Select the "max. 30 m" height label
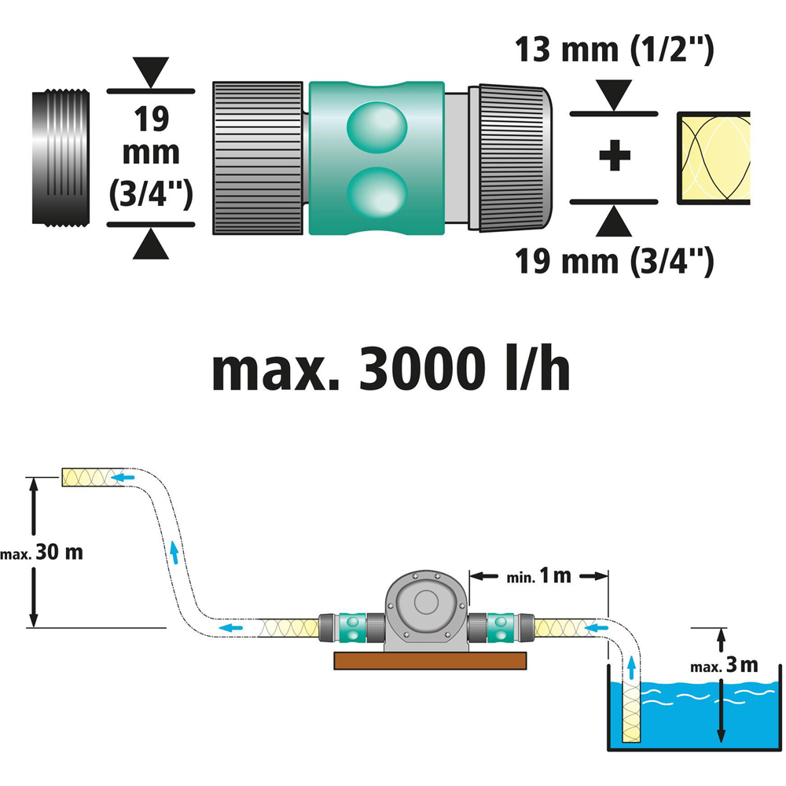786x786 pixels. tap(42, 552)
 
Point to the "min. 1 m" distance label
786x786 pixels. tap(539, 576)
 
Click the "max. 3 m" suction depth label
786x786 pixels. tap(724, 666)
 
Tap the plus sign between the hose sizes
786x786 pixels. tap(614, 156)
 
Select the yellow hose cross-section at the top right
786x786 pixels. tap(713, 157)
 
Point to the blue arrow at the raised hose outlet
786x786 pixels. tap(123, 476)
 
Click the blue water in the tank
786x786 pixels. tap(707, 707)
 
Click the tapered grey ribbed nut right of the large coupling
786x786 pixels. tap(515, 157)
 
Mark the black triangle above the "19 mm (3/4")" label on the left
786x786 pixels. tap(150, 68)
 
